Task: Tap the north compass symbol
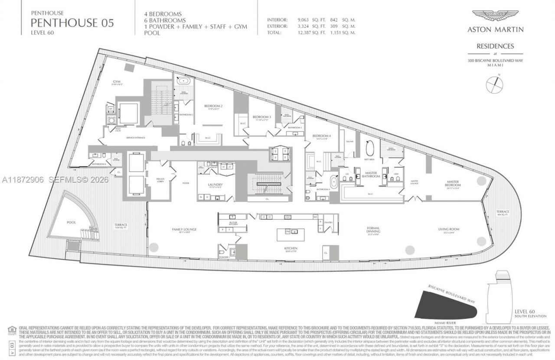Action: click(495, 84)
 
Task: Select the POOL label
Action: click(71, 222)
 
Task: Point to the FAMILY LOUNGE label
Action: click(184, 229)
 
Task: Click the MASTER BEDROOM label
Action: click(453, 183)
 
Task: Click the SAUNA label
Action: click(350, 141)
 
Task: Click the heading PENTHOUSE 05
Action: click(72, 23)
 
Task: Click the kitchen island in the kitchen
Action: click(291, 234)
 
